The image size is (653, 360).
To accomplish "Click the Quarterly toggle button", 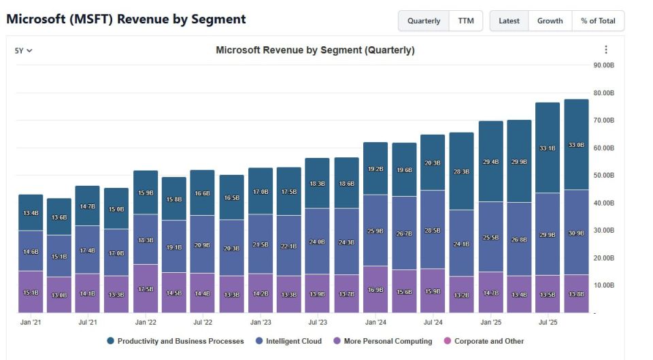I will tap(424, 21).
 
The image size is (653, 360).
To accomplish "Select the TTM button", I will tap(466, 21).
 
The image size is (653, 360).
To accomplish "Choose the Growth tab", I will tap(550, 21).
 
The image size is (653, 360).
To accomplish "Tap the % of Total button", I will tap(598, 21).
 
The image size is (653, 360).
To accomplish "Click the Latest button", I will tap(509, 21).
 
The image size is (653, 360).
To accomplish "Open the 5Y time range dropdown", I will tap(24, 50).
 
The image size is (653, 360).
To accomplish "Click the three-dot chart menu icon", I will tap(606, 50).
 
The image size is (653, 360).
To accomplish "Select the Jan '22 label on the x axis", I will tap(146, 322).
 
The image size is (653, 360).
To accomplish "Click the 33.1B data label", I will tap(548, 148).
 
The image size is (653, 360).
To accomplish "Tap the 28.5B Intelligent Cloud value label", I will tap(433, 231).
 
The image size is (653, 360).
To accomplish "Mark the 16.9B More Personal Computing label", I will tap(375, 289).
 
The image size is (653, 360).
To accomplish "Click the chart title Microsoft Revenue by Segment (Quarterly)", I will tap(315, 50).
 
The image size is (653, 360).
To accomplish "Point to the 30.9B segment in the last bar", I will tap(576, 233).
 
